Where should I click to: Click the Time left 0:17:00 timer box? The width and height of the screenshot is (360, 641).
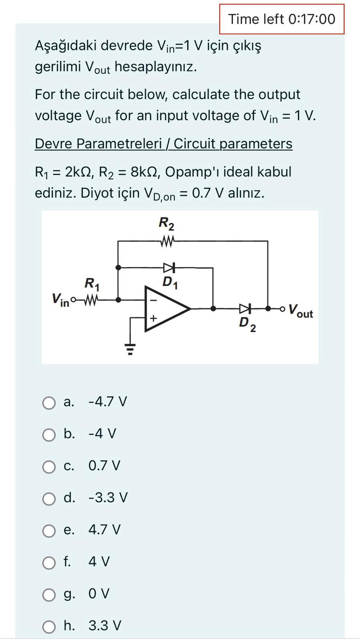click(x=281, y=19)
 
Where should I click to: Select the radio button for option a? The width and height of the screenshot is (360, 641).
click(x=49, y=403)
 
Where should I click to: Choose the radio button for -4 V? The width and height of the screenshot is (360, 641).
click(x=49, y=435)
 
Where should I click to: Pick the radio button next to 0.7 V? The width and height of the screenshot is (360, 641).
click(x=49, y=467)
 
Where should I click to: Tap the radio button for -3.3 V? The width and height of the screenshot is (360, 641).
click(x=49, y=499)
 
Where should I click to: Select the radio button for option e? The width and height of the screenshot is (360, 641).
click(x=49, y=531)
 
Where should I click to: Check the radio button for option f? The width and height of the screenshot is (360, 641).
click(x=49, y=563)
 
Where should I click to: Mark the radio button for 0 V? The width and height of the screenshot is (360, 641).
click(x=49, y=595)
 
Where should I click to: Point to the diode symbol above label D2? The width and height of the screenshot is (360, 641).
click(x=245, y=308)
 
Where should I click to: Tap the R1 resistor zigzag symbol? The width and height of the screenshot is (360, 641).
click(x=91, y=300)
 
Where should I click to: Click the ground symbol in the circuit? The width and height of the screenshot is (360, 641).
click(x=129, y=349)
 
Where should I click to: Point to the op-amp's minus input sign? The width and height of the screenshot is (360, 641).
click(x=153, y=300)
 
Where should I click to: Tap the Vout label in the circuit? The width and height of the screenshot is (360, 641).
click(x=300, y=310)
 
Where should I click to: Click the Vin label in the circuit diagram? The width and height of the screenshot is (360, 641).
click(x=60, y=300)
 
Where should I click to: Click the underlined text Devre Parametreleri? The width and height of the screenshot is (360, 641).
click(x=98, y=143)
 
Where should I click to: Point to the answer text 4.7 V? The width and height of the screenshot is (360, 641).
click(x=104, y=530)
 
